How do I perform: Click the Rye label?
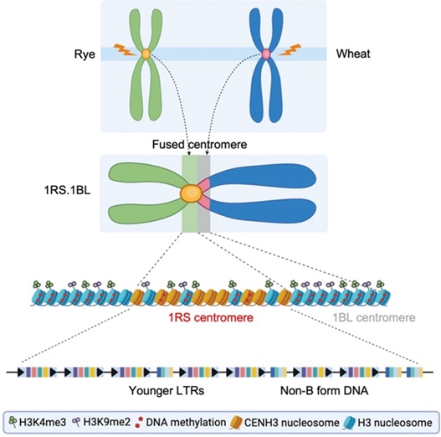coord(85,54)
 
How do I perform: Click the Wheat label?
coord(353,54)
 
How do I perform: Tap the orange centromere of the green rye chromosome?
coord(146,54)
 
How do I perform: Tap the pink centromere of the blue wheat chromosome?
coord(266,54)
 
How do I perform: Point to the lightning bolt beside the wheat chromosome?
coord(290,49)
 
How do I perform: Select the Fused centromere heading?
coord(200,144)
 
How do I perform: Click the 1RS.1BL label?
coord(67,191)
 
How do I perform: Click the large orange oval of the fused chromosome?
coord(192,193)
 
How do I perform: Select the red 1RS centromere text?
coord(211,317)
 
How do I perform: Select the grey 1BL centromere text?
coord(374,317)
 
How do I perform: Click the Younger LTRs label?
coord(167,391)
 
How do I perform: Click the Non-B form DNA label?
coord(325,391)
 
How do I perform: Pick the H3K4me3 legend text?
coord(43,423)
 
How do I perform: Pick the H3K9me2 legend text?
coord(107,422)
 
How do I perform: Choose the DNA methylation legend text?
coord(186,423)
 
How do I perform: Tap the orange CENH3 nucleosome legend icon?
coord(236,423)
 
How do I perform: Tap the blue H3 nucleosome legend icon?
coord(349,423)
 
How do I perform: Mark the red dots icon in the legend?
coord(139,423)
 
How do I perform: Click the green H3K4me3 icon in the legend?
coord(13,422)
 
